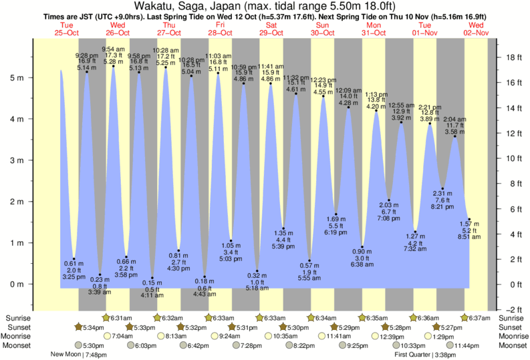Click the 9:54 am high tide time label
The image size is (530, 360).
pyautogui.click(x=113, y=49)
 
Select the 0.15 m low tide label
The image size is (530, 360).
pyautogui.click(x=153, y=283)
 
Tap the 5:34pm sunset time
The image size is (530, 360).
pyautogui.click(x=92, y=327)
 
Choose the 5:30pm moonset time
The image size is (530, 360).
pyautogui.click(x=92, y=345)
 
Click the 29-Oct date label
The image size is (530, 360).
pyautogui.click(x=271, y=33)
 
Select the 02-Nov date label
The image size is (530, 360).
pyautogui.click(x=479, y=33)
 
